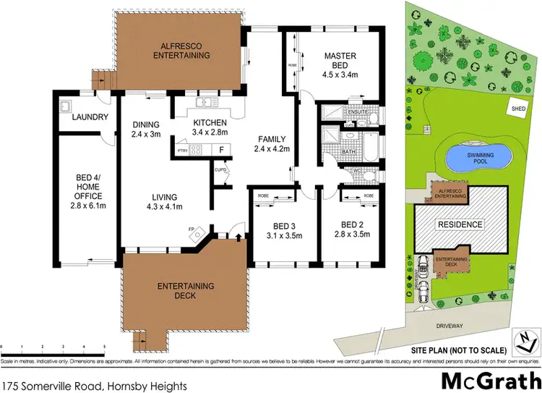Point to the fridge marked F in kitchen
220,150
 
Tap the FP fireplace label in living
192,228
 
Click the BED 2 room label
354,224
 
